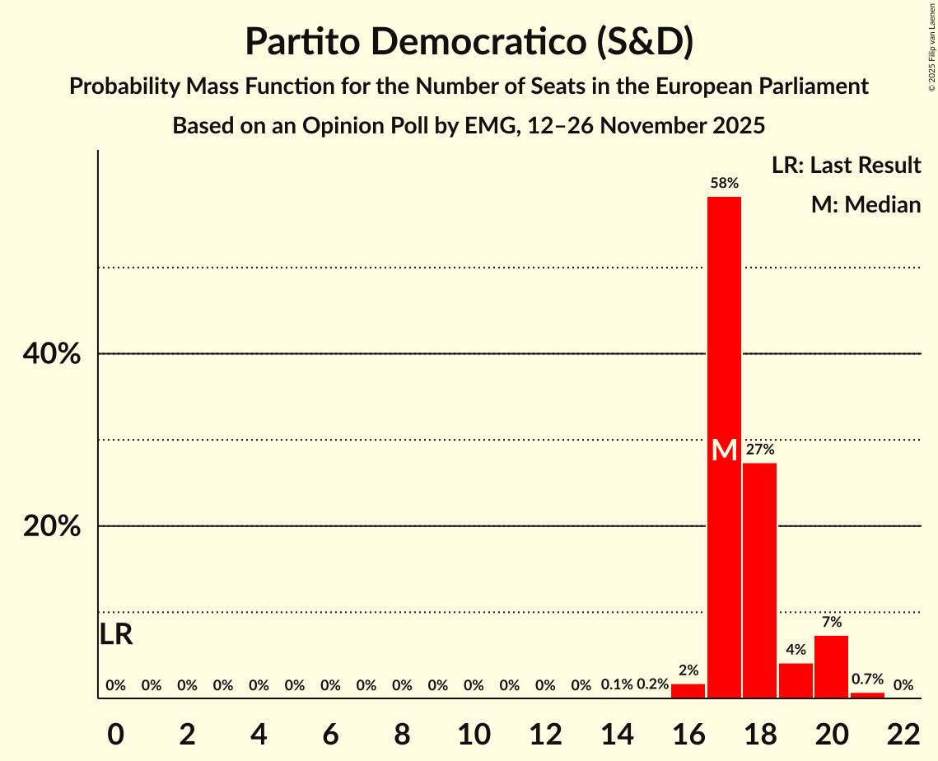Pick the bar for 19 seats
(x=796, y=680)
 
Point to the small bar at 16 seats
(x=688, y=691)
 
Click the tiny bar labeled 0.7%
(x=867, y=695)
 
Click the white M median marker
(x=724, y=451)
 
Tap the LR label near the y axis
(x=116, y=635)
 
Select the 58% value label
(x=724, y=183)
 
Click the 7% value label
(x=831, y=622)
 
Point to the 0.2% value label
(x=652, y=684)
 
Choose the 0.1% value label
(x=617, y=684)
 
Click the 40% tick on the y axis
(x=51, y=354)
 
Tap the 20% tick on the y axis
(x=51, y=526)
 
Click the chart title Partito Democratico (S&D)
(x=469, y=42)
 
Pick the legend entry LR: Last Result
(x=846, y=166)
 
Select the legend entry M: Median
(x=866, y=204)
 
